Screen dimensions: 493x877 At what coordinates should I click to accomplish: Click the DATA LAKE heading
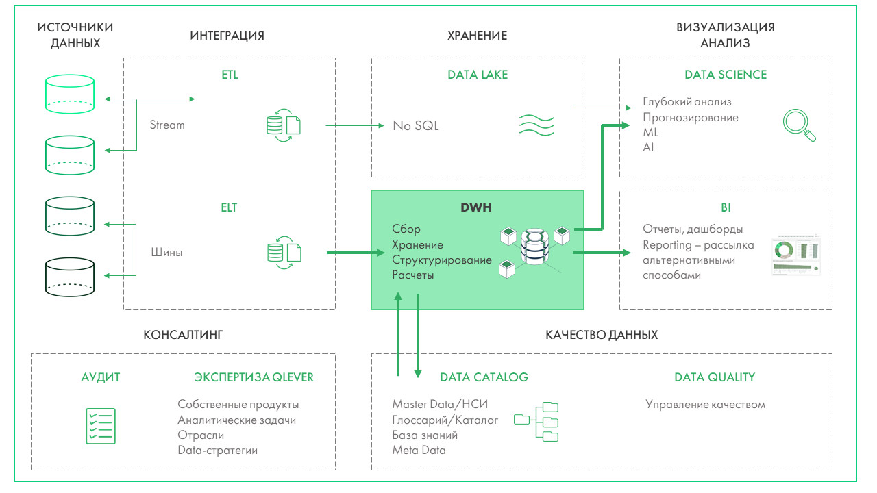478,75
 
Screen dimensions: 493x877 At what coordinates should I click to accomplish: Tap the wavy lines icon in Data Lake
535,124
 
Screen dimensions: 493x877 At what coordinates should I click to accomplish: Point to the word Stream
167,125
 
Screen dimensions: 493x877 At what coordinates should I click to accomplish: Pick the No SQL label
416,126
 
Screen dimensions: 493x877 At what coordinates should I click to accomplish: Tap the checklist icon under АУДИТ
100,425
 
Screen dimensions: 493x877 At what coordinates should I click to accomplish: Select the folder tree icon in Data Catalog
536,420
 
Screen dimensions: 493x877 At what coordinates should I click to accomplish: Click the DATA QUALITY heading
715,377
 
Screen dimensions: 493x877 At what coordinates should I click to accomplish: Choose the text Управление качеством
705,405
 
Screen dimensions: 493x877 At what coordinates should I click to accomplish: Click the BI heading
726,207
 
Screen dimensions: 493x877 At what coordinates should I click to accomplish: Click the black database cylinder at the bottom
69,277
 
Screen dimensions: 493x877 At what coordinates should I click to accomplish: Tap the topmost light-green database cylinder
69,94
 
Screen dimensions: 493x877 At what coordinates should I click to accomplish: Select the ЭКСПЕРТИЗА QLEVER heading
254,377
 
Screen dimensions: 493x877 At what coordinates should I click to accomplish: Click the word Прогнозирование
691,117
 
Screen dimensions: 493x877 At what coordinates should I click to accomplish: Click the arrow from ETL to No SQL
354,126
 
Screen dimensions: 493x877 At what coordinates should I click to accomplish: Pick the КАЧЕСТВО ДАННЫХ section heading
602,335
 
